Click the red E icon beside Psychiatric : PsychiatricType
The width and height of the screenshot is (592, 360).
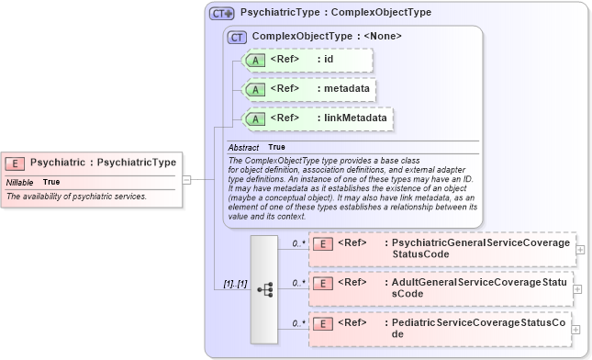click(x=15, y=163)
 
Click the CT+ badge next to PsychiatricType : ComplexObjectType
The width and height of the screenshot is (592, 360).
click(x=221, y=14)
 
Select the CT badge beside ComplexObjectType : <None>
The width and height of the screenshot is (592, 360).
click(x=236, y=37)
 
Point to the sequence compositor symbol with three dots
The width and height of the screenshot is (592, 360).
click(x=265, y=288)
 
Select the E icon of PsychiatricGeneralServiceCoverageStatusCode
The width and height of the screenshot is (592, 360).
click(x=322, y=243)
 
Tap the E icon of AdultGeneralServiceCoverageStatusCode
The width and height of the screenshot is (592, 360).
click(x=322, y=283)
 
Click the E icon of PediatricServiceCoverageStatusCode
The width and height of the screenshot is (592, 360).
click(x=322, y=323)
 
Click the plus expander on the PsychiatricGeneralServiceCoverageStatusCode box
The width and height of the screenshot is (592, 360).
click(x=577, y=249)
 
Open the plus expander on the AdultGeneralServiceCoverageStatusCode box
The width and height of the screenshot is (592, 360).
click(x=577, y=288)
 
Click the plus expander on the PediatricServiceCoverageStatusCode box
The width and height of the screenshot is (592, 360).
click(x=577, y=329)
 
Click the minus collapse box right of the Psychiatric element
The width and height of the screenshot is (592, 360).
click(x=186, y=180)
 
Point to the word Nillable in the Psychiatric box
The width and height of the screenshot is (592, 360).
click(x=20, y=182)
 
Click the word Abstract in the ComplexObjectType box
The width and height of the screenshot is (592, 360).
click(x=243, y=147)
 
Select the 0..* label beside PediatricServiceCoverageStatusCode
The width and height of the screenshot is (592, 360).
click(x=298, y=323)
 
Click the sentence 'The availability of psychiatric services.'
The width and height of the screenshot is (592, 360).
click(x=76, y=197)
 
